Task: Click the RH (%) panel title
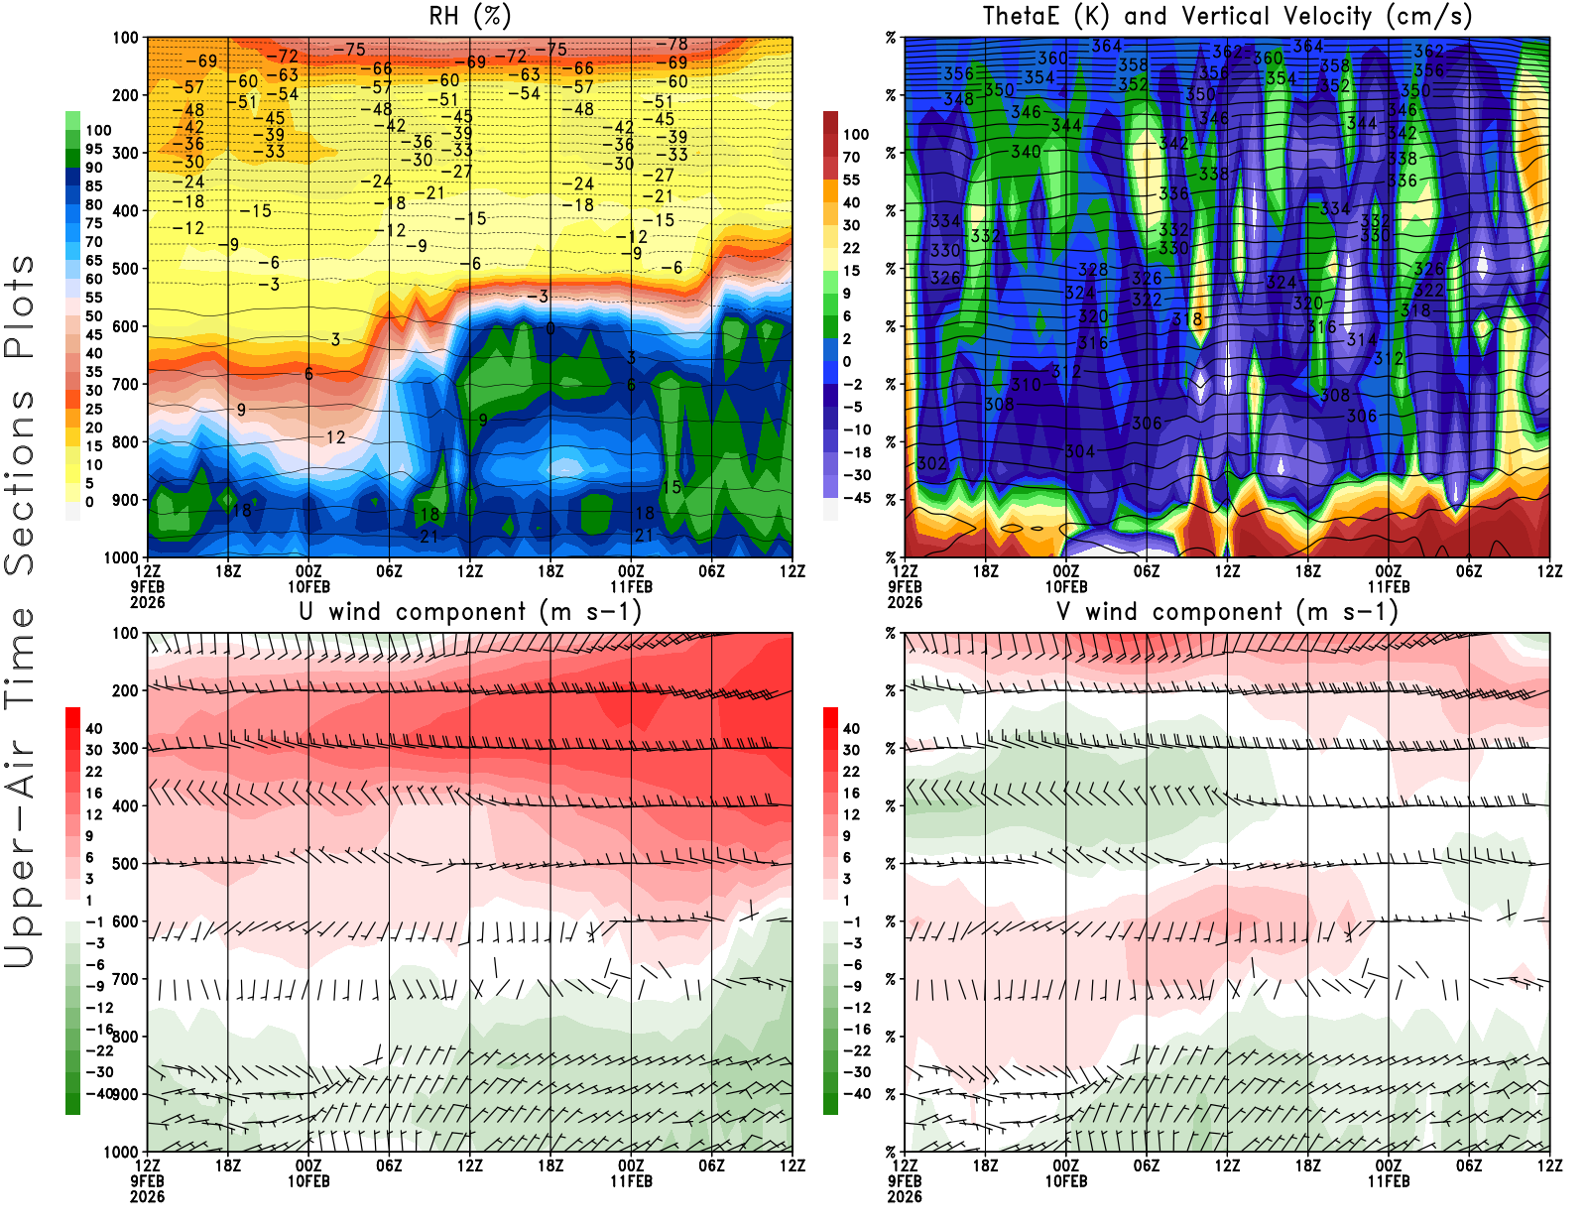(x=470, y=16)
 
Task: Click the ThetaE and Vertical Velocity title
(x=1227, y=16)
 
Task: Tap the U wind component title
(x=470, y=611)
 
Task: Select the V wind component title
(x=1227, y=611)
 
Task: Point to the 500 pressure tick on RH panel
(x=125, y=269)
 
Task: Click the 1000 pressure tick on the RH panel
(x=121, y=557)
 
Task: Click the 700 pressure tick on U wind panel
(x=125, y=979)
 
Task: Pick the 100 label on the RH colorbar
(x=98, y=130)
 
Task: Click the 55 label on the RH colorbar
(x=93, y=298)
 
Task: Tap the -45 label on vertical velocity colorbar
(x=856, y=498)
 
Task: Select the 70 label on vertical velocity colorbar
(x=851, y=157)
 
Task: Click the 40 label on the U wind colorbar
(x=93, y=728)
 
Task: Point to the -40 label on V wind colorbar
(x=856, y=1094)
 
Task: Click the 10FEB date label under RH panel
(x=308, y=586)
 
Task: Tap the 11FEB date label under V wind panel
(x=1388, y=1181)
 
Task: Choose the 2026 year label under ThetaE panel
(x=905, y=602)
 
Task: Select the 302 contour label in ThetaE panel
(x=931, y=463)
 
